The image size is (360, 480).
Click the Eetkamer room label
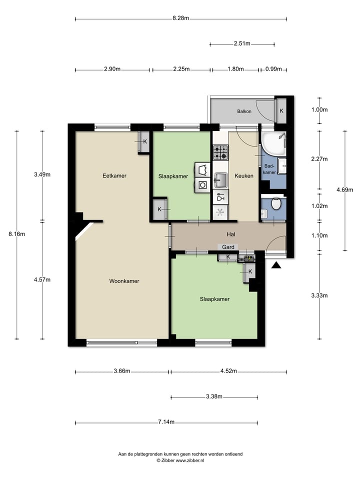click(114, 176)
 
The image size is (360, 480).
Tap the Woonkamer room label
click(124, 281)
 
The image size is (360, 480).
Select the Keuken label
click(244, 176)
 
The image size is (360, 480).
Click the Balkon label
click(244, 111)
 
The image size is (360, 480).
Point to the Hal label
click(231, 234)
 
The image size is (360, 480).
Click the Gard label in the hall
click(228, 247)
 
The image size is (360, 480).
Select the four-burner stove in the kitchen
click(220, 152)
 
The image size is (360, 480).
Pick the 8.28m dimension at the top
click(180, 18)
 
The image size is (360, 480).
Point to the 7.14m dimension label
click(166, 422)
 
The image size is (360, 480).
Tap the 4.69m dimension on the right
click(345, 189)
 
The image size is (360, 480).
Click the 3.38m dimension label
click(214, 397)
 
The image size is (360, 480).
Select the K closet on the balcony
click(281, 110)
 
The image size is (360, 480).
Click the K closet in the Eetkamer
click(144, 141)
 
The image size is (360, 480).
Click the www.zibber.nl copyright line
click(180, 460)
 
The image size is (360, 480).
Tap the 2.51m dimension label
click(242, 43)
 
